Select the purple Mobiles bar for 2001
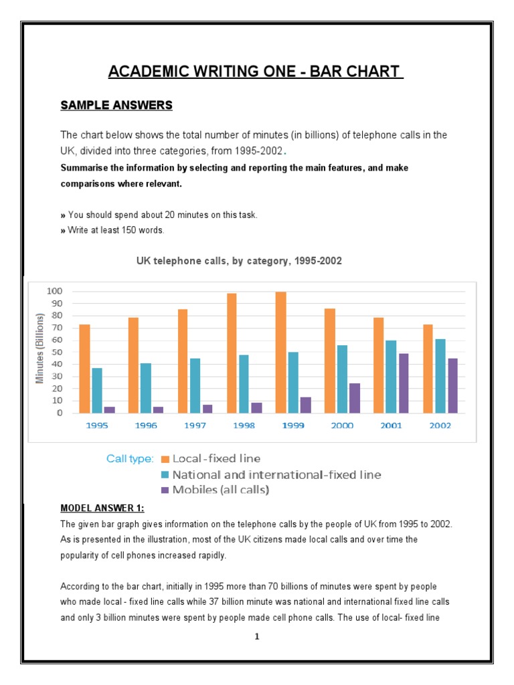click(x=404, y=383)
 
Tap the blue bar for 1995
click(x=97, y=390)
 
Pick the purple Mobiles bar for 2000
click(x=354, y=398)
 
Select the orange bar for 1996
click(x=133, y=365)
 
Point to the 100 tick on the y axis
click(x=55, y=291)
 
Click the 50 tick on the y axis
click(x=57, y=352)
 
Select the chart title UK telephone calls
click(x=239, y=261)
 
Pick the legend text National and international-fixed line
click(x=276, y=474)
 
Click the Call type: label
click(x=130, y=459)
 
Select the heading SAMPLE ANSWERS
click(x=116, y=105)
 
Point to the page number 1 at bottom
click(x=257, y=637)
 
